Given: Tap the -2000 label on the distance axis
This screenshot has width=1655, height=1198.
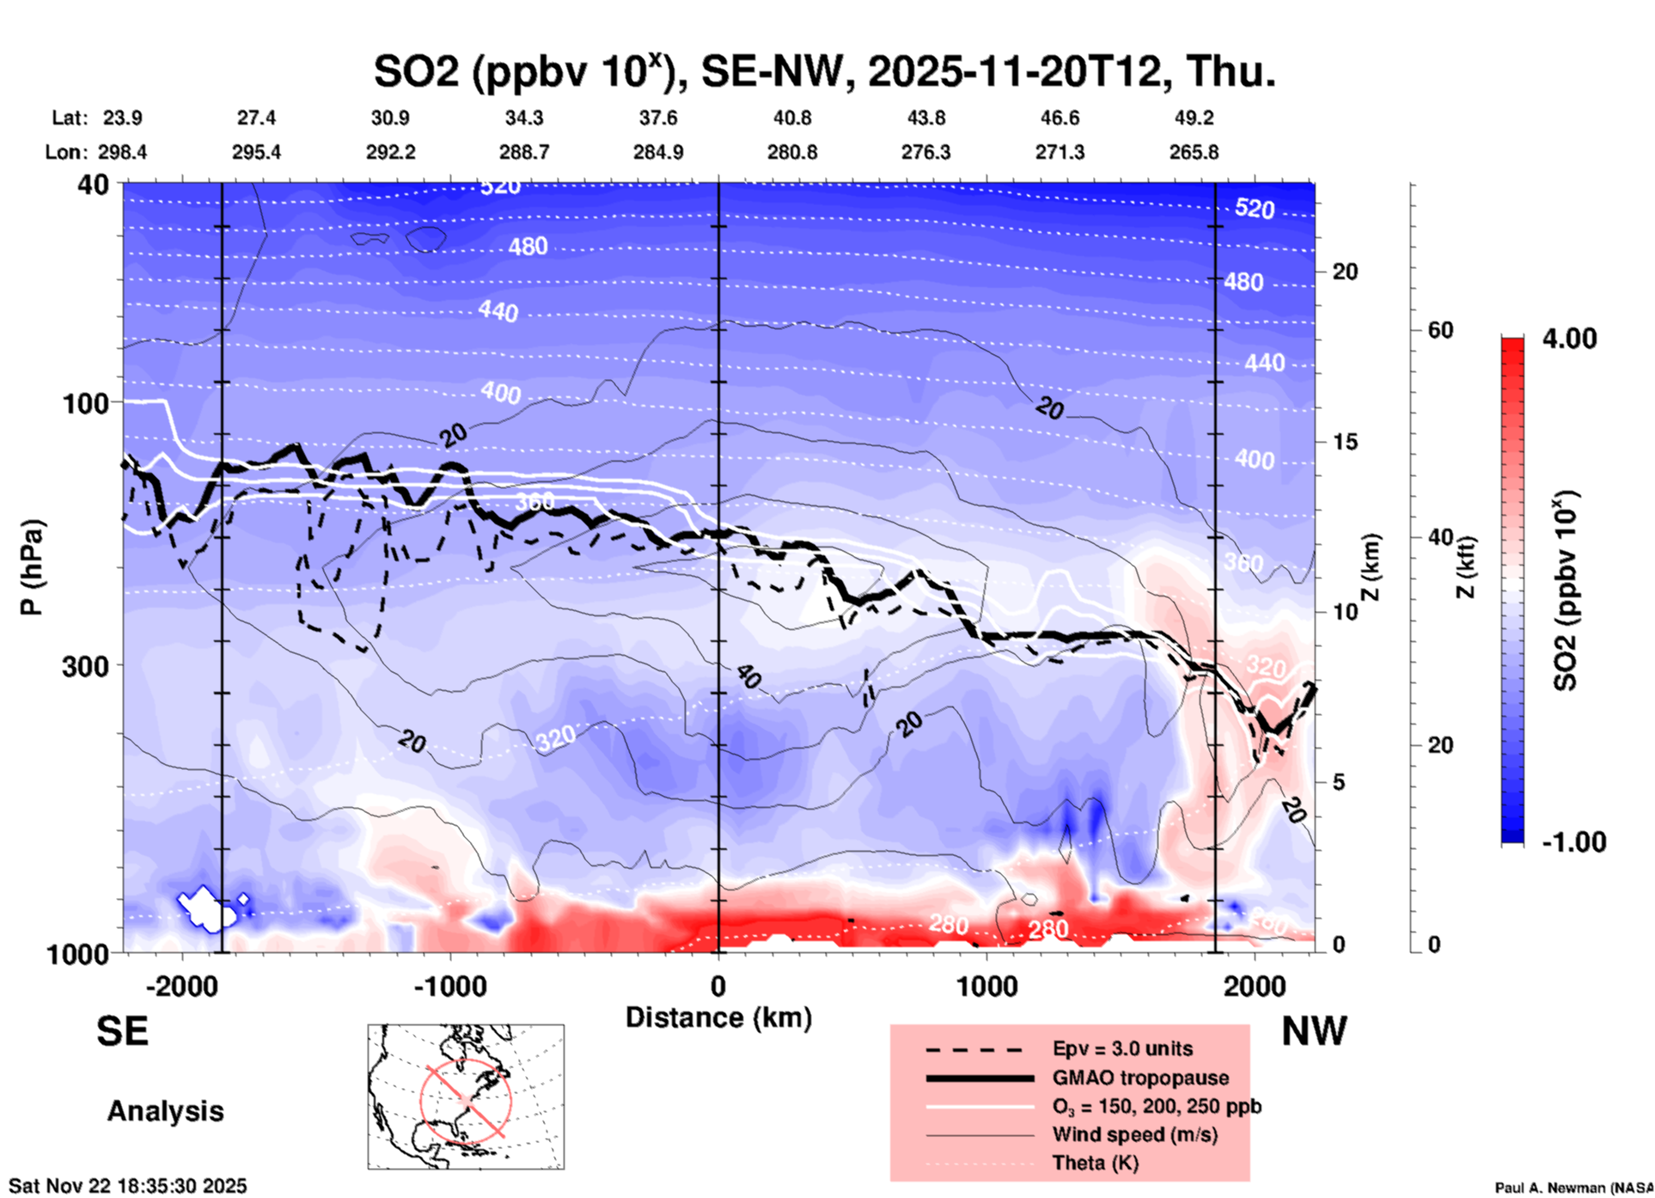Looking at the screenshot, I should [181, 987].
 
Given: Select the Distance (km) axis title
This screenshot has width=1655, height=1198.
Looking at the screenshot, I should [718, 1018].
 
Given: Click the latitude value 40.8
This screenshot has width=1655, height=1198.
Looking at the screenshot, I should [792, 118].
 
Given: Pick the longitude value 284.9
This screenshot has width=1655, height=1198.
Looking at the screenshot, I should [658, 152].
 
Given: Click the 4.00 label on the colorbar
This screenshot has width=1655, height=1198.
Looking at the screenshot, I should [1569, 339].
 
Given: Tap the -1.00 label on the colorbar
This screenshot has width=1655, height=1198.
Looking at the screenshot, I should [1573, 842].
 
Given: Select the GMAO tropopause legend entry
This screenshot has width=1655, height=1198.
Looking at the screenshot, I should [1139, 1078].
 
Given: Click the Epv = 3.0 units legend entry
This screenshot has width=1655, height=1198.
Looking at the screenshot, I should [1121, 1048].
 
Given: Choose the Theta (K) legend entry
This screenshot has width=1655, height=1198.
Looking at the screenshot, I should [1095, 1163].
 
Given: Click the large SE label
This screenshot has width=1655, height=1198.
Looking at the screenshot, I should [122, 1031].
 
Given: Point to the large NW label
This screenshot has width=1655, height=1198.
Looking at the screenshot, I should [1313, 1031].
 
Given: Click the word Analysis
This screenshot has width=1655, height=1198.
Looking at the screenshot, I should [165, 1111].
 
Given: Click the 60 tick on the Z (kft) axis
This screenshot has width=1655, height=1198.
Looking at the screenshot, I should [1440, 330].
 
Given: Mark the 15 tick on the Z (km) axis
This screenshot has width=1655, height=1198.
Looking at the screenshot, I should [1345, 442].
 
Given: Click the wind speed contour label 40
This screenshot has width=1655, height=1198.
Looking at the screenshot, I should [748, 677].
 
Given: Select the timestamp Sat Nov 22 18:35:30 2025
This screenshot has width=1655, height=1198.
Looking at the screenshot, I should [128, 1186].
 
